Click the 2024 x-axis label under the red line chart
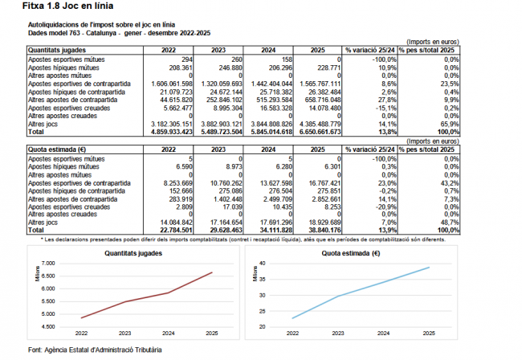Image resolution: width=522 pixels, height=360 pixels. (167, 332)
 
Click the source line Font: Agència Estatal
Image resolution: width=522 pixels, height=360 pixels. (95, 350)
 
